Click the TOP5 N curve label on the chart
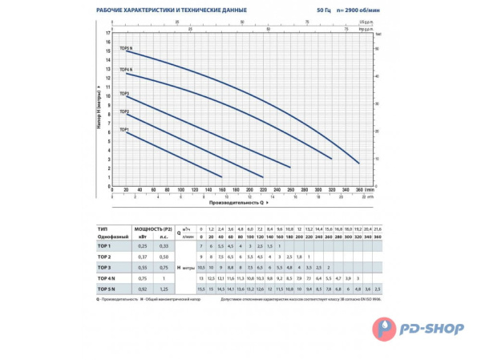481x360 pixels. (125, 48)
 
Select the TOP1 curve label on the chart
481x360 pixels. (124, 129)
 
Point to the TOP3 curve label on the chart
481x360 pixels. (124, 93)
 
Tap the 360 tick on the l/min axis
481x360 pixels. (360, 190)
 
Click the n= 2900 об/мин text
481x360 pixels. (339, 10)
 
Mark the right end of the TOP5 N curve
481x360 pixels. (359, 163)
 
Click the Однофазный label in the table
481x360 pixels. (110, 237)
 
